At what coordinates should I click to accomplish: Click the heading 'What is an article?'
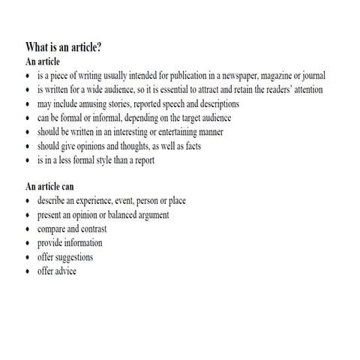[x=64, y=48]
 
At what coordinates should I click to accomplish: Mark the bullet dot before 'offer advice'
[x=28, y=272]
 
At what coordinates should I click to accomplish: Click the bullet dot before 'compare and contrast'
[x=28, y=230]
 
